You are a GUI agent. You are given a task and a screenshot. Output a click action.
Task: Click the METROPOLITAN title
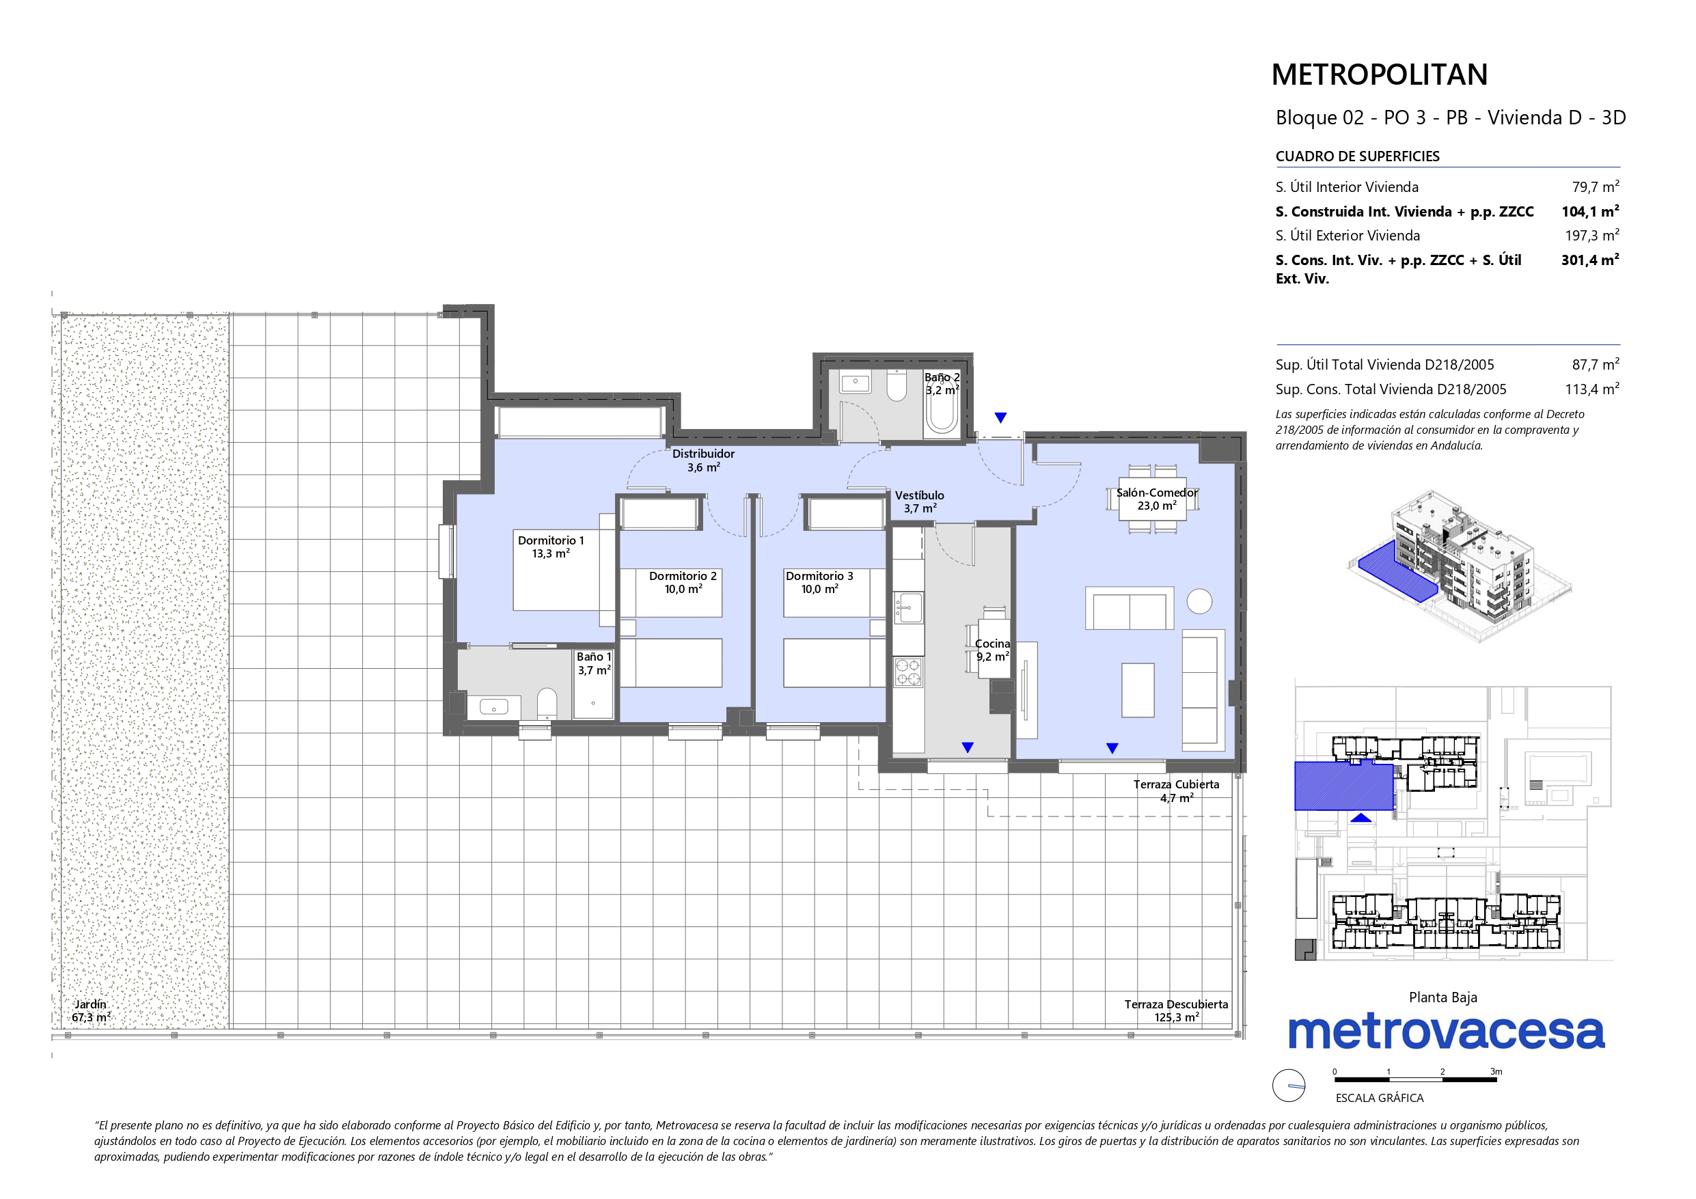pyautogui.click(x=1379, y=74)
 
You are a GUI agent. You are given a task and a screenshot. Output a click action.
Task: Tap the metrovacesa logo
pyautogui.click(x=1447, y=1032)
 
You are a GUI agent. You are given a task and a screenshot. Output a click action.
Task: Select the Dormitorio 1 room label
pyautogui.click(x=550, y=547)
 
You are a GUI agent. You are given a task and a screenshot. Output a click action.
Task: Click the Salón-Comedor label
pyautogui.click(x=1157, y=499)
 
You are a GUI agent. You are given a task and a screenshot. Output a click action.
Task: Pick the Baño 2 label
pyautogui.click(x=942, y=383)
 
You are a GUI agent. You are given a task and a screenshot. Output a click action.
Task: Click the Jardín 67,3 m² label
pyautogui.click(x=91, y=1010)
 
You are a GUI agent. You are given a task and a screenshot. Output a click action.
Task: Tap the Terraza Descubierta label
pyautogui.click(x=1176, y=1010)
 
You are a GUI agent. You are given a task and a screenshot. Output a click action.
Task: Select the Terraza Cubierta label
pyautogui.click(x=1176, y=790)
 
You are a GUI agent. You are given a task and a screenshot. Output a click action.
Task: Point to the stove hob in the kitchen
pyautogui.click(x=908, y=672)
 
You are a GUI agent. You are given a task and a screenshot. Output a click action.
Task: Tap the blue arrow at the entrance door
pyautogui.click(x=1000, y=418)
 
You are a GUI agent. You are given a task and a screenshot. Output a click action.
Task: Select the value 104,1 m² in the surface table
pyautogui.click(x=1590, y=211)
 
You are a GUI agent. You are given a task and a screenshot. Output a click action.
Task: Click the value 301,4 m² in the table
pyautogui.click(x=1590, y=260)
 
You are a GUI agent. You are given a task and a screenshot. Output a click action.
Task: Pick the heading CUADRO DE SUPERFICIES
pyautogui.click(x=1358, y=156)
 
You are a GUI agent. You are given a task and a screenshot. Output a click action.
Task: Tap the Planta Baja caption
pyautogui.click(x=1442, y=997)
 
